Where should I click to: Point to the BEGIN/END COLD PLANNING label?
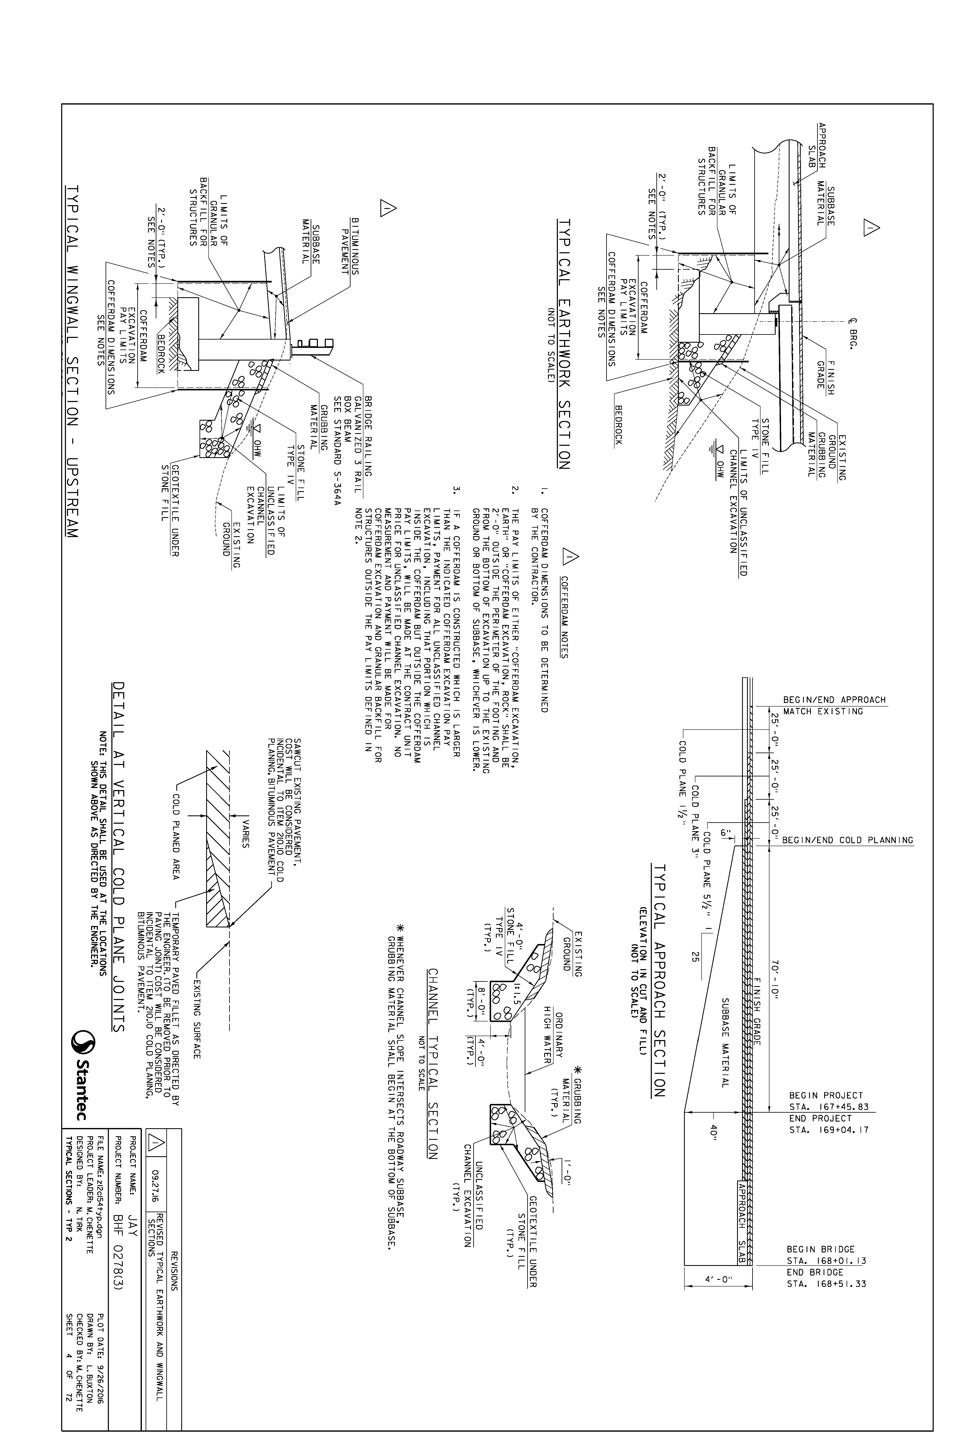click(848, 840)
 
